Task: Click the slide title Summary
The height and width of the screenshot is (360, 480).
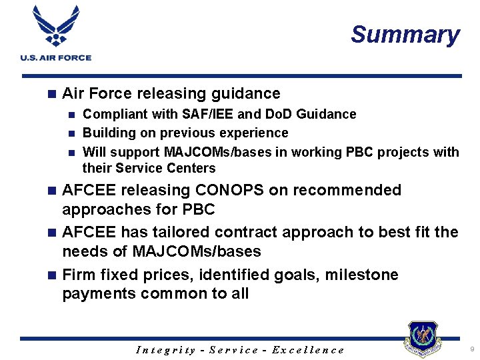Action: tap(405, 35)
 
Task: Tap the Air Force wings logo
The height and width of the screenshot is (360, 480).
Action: tap(55, 27)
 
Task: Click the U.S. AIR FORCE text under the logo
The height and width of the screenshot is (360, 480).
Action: tap(55, 58)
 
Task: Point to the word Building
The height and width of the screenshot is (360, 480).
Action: tap(108, 133)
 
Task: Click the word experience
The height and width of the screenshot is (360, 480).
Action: tap(257, 133)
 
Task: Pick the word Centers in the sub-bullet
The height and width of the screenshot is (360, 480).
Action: tap(190, 168)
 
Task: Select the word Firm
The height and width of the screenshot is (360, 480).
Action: tap(79, 275)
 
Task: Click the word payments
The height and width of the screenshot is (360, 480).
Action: tap(98, 294)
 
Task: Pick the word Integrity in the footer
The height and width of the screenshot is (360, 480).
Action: tap(165, 350)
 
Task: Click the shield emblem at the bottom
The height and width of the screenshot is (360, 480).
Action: tap(423, 340)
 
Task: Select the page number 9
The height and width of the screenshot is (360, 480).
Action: tap(472, 349)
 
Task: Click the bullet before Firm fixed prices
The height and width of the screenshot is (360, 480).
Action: tap(53, 275)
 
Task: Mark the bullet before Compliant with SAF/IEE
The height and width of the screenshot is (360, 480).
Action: tap(73, 115)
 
